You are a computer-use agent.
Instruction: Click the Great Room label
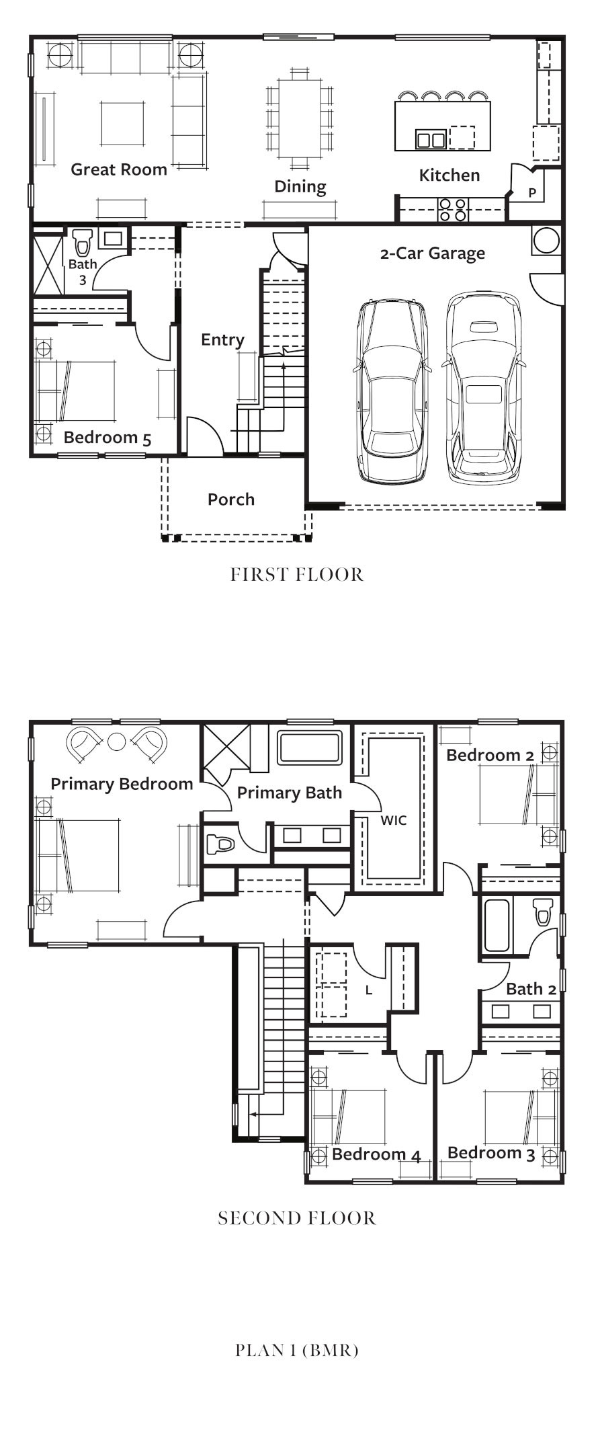point(119,169)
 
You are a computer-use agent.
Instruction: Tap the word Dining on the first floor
point(300,187)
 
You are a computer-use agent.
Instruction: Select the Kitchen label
point(450,175)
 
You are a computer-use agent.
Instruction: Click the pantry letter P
point(532,193)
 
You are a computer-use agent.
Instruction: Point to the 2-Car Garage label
point(433,253)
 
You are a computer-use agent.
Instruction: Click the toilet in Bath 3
point(83,242)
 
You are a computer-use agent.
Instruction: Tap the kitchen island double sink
point(431,139)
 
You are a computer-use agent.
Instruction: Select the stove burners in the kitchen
point(452,209)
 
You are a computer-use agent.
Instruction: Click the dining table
point(300,118)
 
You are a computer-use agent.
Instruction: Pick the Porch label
point(231,499)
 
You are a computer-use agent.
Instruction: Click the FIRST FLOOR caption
point(297,575)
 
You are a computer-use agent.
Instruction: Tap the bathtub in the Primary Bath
point(310,748)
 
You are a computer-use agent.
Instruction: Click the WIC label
point(394,820)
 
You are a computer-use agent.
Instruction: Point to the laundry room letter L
point(369,990)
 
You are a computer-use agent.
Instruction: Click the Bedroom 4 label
point(376,1155)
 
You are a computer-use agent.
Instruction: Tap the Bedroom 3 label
point(491,1154)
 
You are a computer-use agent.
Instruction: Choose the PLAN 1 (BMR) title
point(297,1350)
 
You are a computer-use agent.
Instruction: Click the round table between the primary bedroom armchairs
point(117,742)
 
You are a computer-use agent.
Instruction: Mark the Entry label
point(222,339)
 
